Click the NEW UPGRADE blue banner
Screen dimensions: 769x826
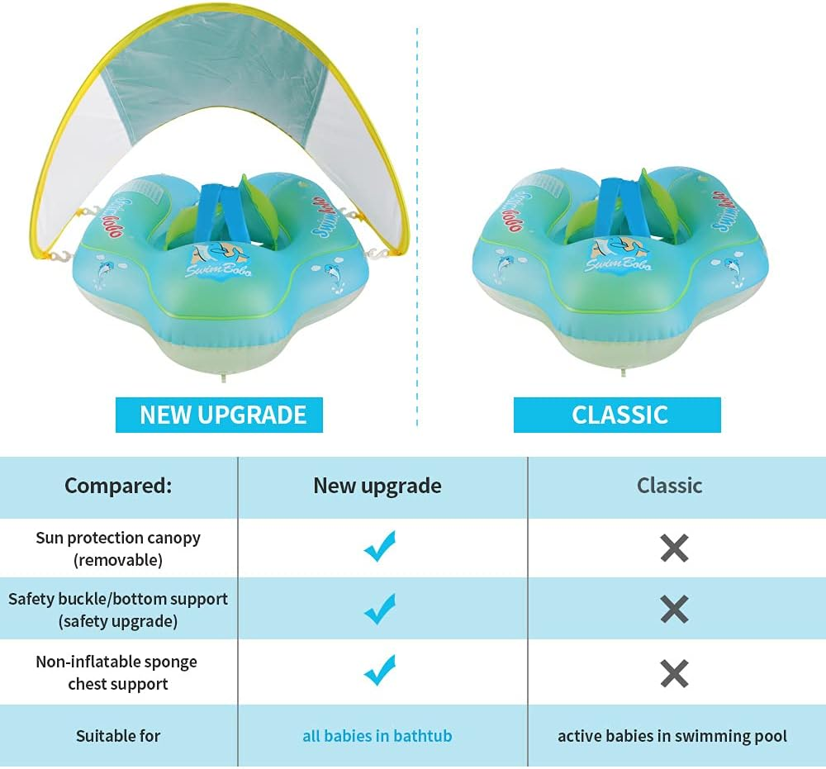(219, 414)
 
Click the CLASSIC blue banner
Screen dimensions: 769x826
(617, 414)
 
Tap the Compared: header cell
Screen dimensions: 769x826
(118, 486)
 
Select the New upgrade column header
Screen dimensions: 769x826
(377, 486)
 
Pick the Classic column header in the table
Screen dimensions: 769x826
(669, 486)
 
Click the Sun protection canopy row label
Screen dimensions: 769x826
(118, 548)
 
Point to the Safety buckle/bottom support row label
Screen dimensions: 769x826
(118, 610)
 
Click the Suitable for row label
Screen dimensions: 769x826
(118, 735)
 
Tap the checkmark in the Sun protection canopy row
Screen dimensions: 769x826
(380, 546)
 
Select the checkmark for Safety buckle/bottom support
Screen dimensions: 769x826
(380, 609)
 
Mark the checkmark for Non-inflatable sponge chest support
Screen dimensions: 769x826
(380, 670)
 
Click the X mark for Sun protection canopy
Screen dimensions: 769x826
(674, 548)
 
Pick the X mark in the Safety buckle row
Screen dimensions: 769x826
(674, 610)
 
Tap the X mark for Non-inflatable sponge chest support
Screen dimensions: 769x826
(674, 674)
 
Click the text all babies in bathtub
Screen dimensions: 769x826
(377, 735)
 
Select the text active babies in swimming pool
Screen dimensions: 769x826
(672, 735)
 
